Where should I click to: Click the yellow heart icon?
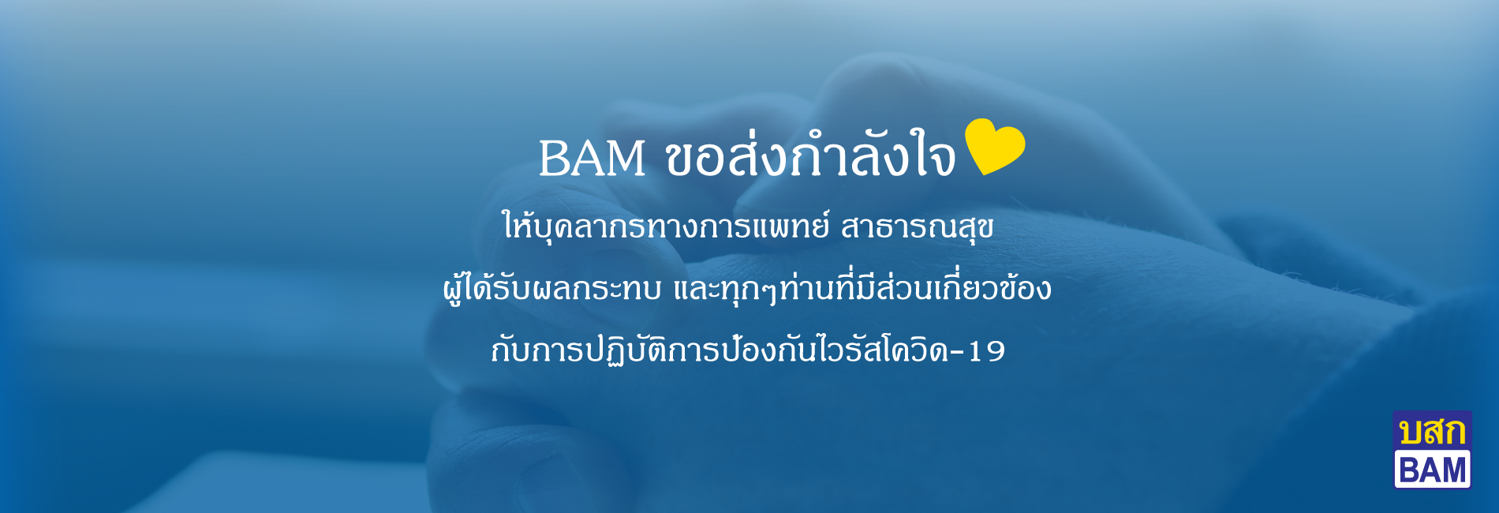(x=995, y=145)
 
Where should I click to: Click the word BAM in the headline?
(x=592, y=158)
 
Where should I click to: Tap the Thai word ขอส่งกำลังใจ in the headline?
(x=811, y=154)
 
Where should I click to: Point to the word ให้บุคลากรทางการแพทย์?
(x=666, y=224)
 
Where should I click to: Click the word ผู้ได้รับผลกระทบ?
(x=551, y=287)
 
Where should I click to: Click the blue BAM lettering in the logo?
(x=1432, y=470)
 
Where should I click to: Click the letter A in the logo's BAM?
(x=1431, y=470)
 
